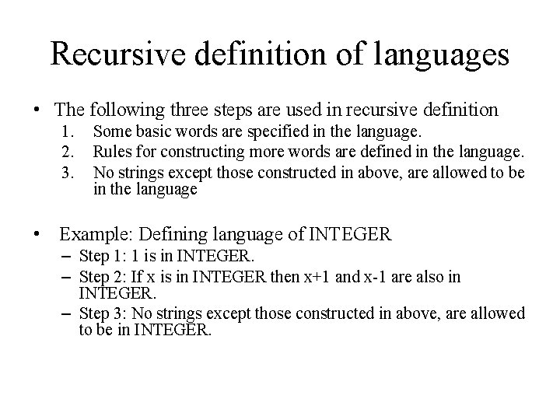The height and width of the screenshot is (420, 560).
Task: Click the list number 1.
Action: click(x=68, y=131)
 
